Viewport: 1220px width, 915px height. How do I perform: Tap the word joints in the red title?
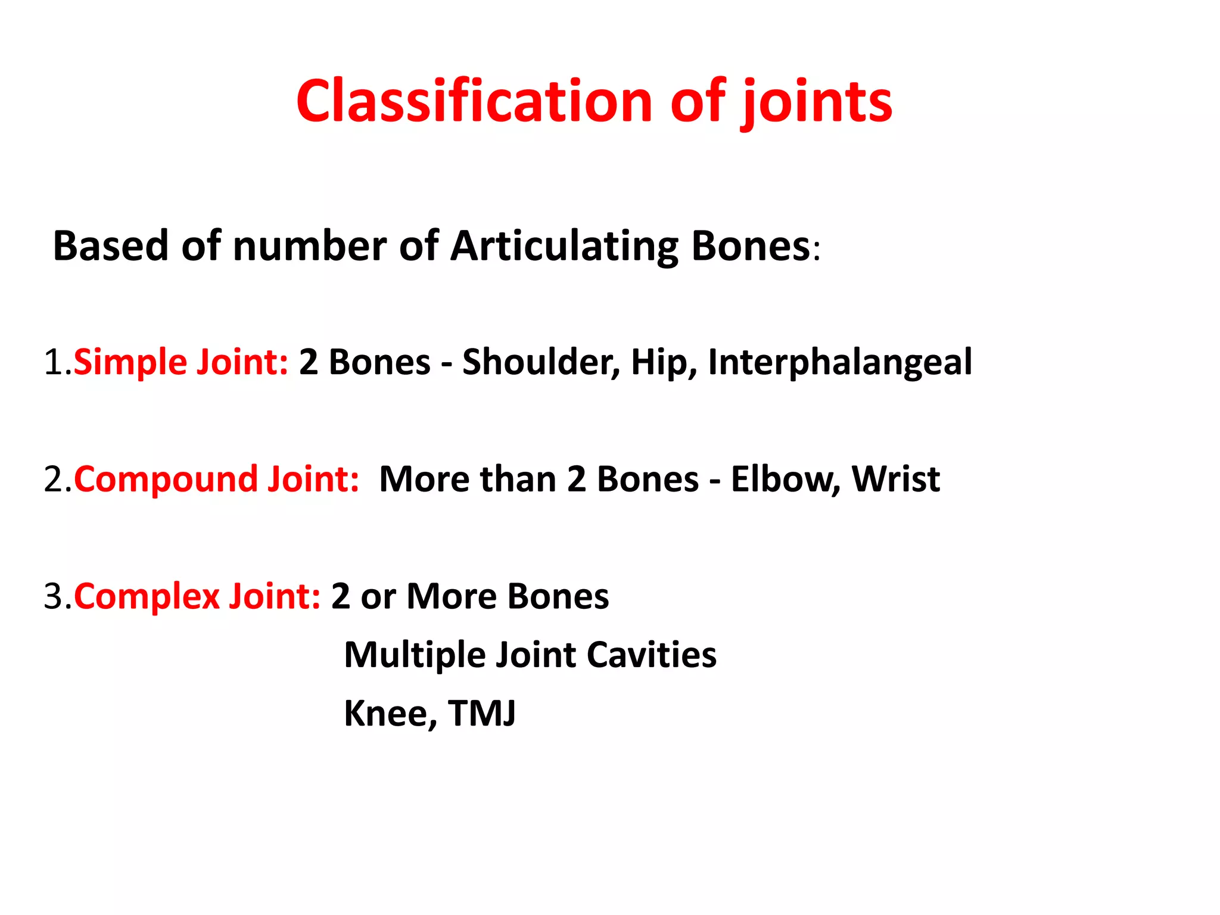(x=816, y=102)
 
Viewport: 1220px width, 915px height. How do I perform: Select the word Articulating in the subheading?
(x=564, y=246)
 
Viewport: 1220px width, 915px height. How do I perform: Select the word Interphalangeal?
(x=840, y=362)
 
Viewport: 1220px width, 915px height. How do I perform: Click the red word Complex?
(x=147, y=597)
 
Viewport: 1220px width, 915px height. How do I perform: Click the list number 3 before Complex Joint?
(x=53, y=597)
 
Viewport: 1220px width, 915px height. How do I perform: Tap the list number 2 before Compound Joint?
(x=53, y=480)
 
